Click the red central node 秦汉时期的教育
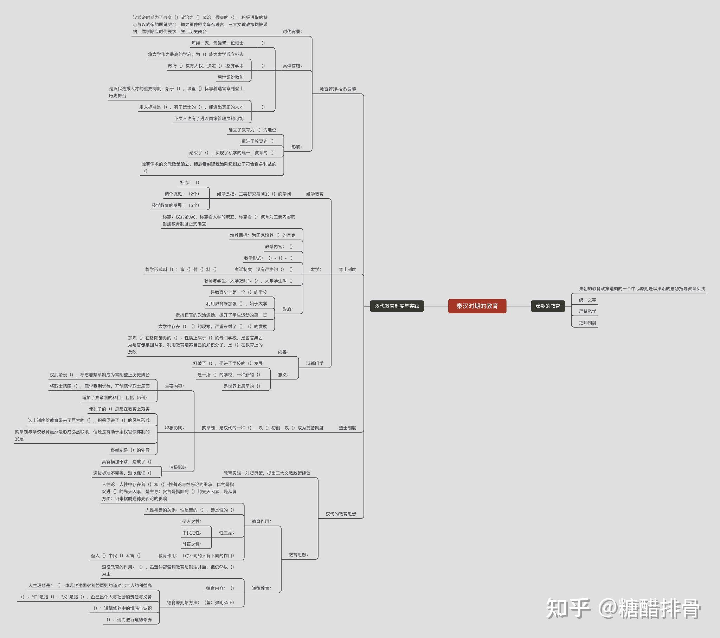pos(477,306)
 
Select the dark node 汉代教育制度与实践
pos(397,306)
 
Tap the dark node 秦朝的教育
pos(548,306)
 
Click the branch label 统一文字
pos(587,300)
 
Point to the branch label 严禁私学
pos(587,311)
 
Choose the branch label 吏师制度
pos(587,323)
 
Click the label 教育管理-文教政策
pos(338,89)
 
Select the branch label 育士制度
pos(347,269)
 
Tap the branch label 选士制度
pos(347,428)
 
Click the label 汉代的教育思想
pos(341,514)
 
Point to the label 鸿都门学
pos(315,363)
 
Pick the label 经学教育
pos(315,194)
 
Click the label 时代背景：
pos(292,32)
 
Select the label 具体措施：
pos(292,66)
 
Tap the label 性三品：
pos(226,533)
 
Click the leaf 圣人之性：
pos(192,521)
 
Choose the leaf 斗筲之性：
pos(192,544)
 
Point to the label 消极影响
pos(178,468)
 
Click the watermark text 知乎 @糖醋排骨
pos(623,608)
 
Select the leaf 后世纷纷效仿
pos(230,77)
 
